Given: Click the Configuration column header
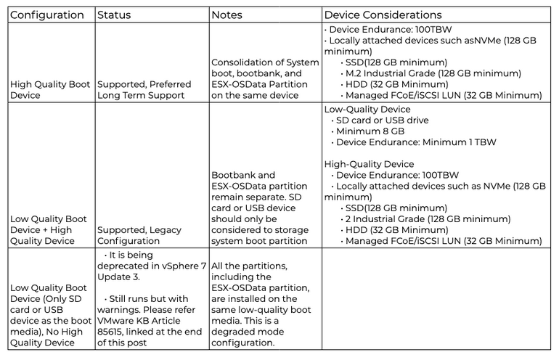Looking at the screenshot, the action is [47, 15].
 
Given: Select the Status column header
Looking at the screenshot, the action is [114, 15].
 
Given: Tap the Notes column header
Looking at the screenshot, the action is [227, 15].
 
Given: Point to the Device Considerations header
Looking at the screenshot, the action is [383, 15].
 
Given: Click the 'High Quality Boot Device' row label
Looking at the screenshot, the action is [50, 90].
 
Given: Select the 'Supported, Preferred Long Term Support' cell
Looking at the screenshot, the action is [144, 90].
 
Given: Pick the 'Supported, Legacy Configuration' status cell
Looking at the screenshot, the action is [139, 235].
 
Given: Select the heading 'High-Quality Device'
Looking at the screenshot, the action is [369, 164].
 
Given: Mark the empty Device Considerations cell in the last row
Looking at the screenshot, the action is [436, 299].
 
